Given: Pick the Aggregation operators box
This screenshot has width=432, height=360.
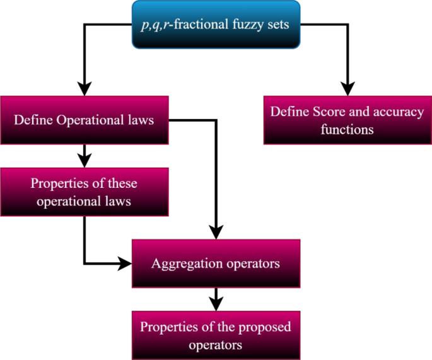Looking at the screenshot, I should (x=216, y=263).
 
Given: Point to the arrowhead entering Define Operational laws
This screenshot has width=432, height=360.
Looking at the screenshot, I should (x=84, y=88).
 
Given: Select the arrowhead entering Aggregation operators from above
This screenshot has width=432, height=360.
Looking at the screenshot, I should (x=216, y=231).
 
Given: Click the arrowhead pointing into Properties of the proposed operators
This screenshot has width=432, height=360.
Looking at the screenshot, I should (x=216, y=303).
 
